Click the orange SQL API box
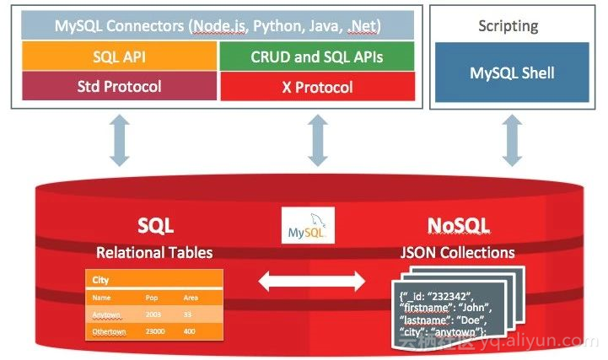(x=117, y=56)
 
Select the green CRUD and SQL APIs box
(x=316, y=56)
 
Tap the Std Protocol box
(x=117, y=86)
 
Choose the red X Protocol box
(x=316, y=87)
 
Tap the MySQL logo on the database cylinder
(x=308, y=227)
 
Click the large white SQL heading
(x=155, y=225)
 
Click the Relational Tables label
(x=154, y=252)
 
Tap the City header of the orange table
(x=102, y=280)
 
